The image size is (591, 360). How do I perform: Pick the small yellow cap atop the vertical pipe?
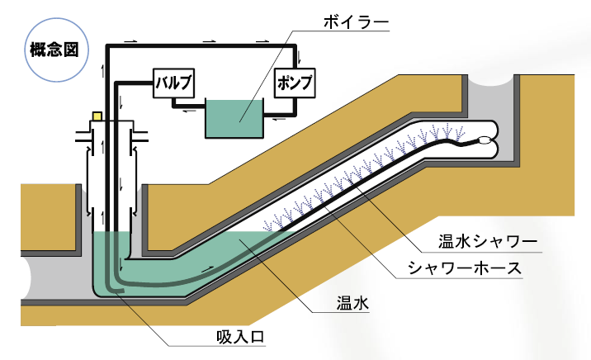point(97,117)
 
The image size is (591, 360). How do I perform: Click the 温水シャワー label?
point(487,242)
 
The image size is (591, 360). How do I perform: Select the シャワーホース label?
point(476,269)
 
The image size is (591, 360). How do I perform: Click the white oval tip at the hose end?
point(485,140)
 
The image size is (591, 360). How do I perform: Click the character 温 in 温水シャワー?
point(447,242)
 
